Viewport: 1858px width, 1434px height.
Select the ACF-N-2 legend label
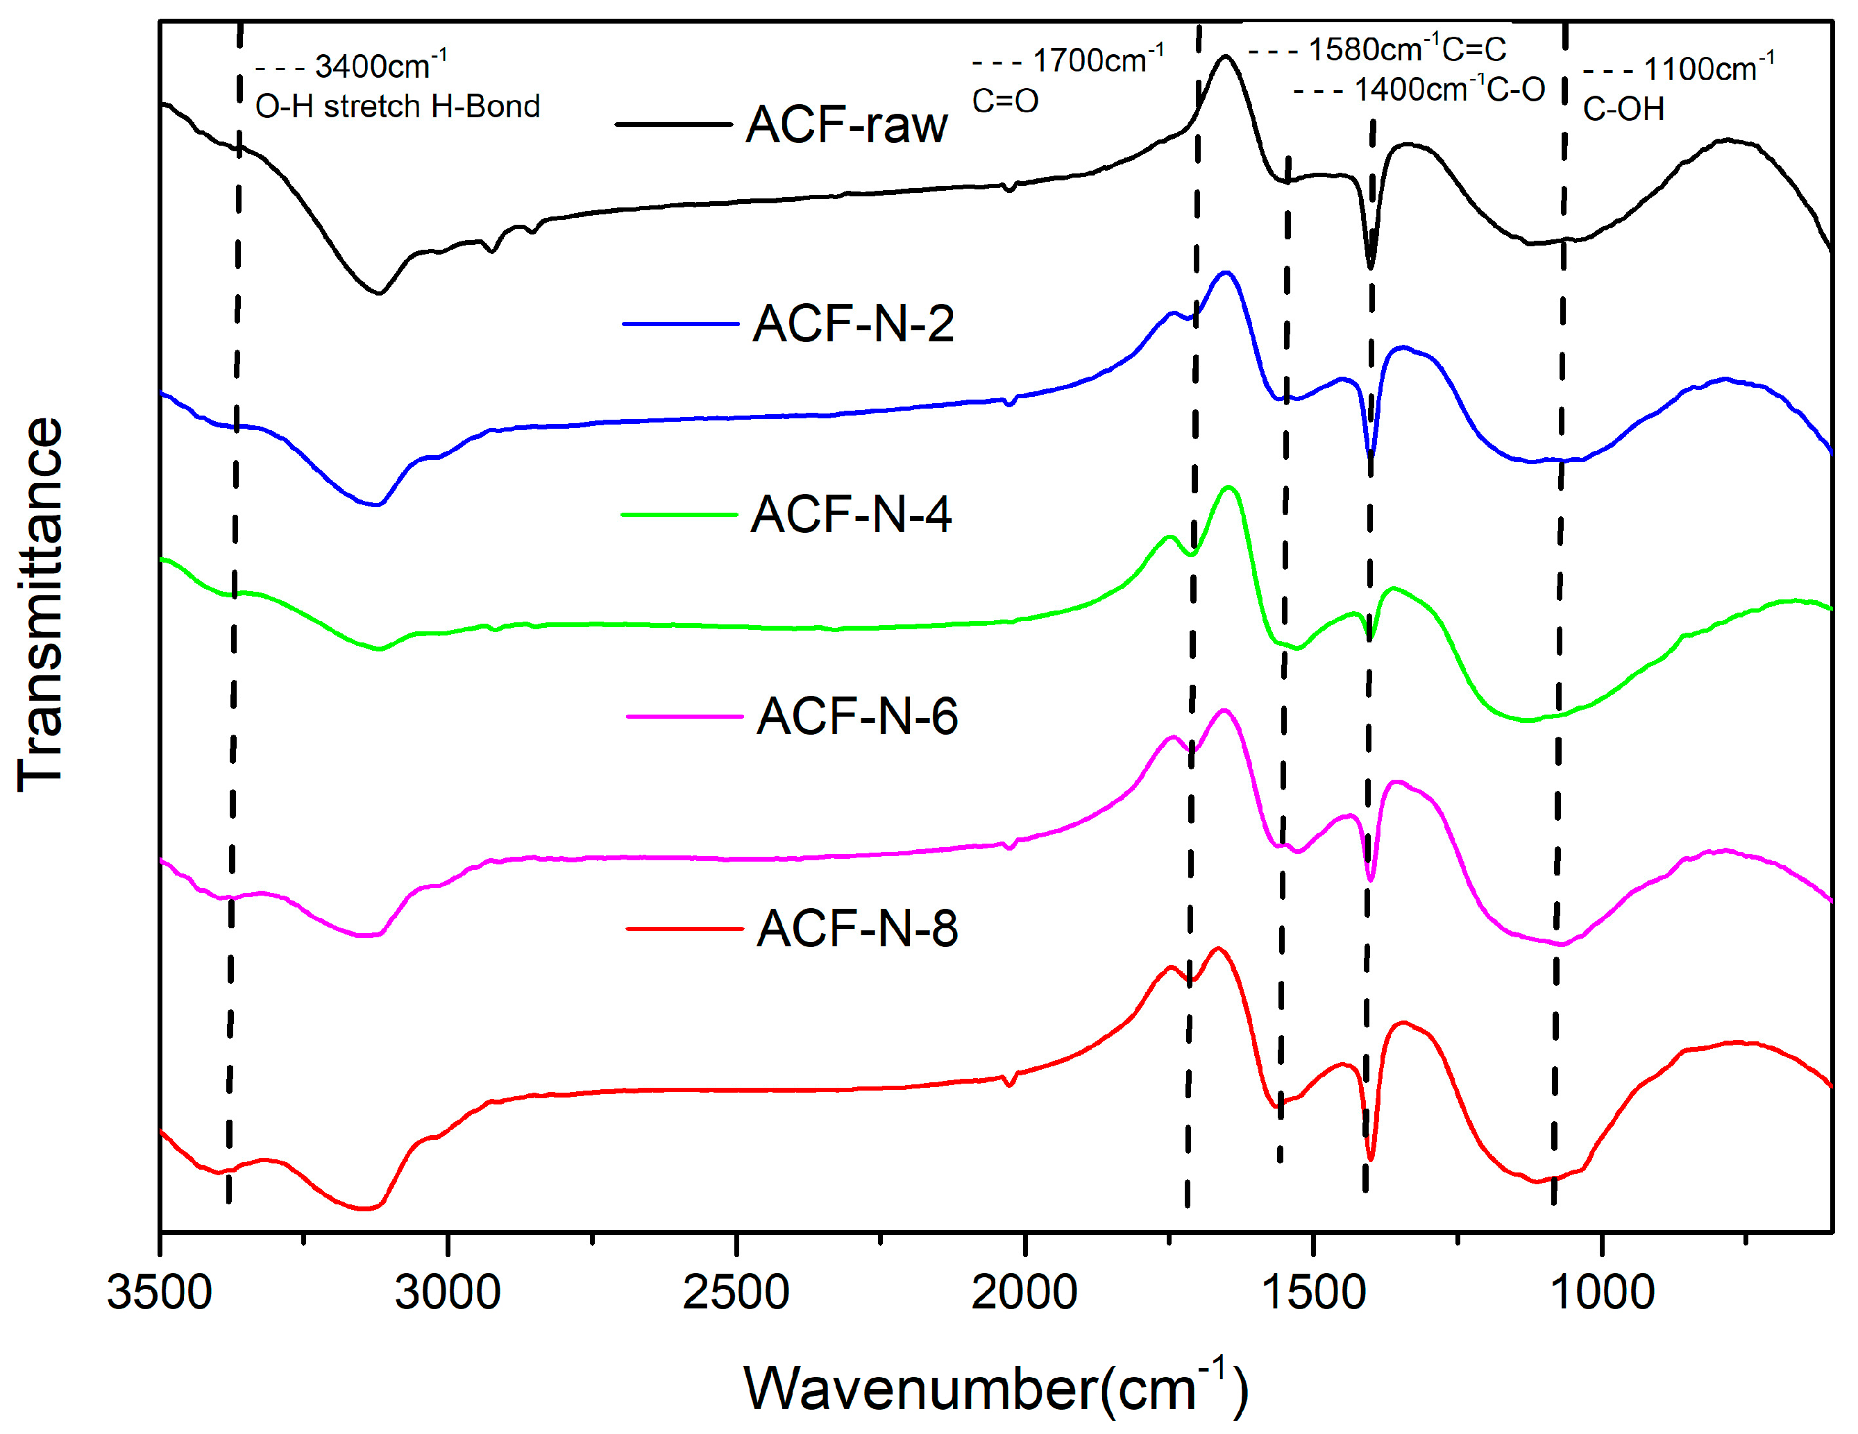click(853, 325)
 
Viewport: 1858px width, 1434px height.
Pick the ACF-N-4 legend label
click(851, 515)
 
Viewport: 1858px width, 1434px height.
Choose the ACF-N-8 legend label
click(858, 929)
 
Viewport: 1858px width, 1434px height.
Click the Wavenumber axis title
click(995, 1389)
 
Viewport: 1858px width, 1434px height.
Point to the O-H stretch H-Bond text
click(397, 107)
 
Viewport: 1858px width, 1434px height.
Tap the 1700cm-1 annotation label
click(1097, 60)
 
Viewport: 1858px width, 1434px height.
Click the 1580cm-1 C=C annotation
click(1406, 49)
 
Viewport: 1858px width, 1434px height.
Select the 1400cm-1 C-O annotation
click(1448, 89)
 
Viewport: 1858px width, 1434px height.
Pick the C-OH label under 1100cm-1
click(1623, 110)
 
